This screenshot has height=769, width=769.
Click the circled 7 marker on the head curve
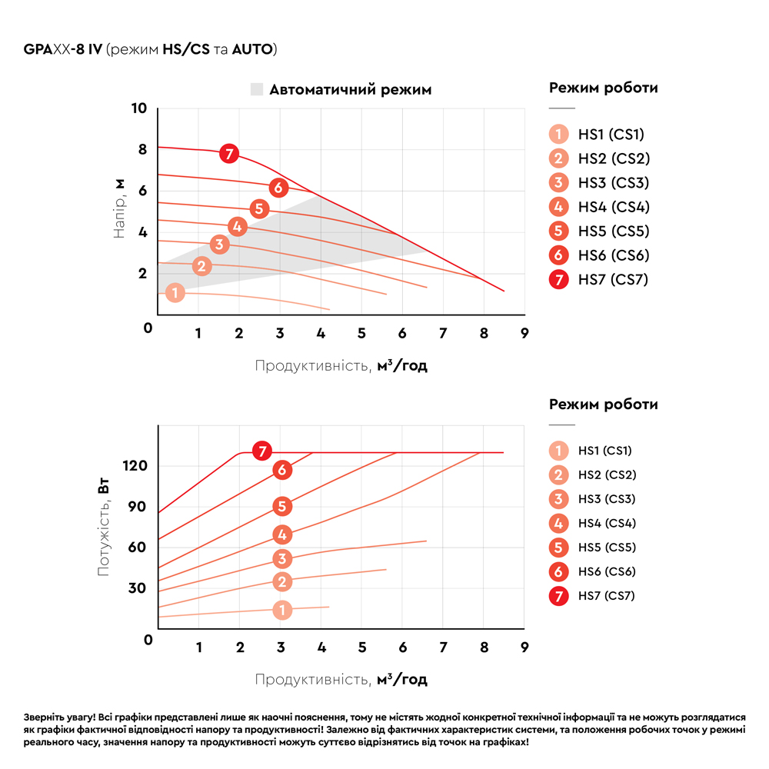click(228, 153)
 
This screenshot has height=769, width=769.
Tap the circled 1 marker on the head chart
click(175, 293)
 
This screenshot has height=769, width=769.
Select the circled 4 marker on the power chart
click(282, 534)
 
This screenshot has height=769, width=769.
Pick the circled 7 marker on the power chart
click(263, 451)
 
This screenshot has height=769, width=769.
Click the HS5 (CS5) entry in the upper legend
click(614, 231)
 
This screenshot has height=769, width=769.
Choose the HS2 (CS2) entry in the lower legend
click(608, 474)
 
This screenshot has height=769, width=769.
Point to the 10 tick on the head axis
click(138, 108)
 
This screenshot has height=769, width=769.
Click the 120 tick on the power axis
click(135, 466)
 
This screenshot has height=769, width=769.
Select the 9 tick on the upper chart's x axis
click(524, 333)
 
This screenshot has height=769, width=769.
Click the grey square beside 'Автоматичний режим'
click(257, 89)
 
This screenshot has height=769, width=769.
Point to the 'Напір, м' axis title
click(119, 208)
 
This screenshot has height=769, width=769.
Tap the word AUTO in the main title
click(253, 50)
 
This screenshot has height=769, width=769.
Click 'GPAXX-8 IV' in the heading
click(63, 50)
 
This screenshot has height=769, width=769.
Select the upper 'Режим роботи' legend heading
click(603, 88)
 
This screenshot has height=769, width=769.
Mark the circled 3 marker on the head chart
click(220, 245)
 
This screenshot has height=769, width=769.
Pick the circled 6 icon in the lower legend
click(559, 571)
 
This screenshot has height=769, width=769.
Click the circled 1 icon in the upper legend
click(559, 135)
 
